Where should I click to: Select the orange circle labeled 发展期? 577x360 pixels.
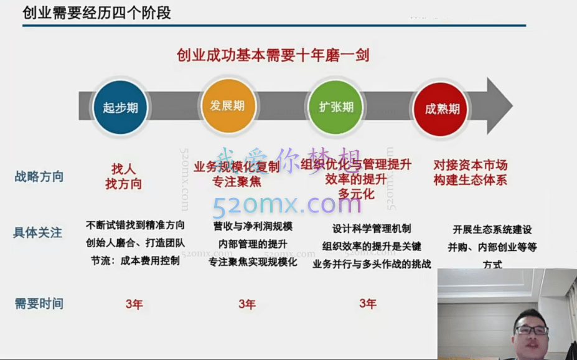point(227,106)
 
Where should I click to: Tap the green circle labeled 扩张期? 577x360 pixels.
point(336,107)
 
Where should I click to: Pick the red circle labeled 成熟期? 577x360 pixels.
point(442,108)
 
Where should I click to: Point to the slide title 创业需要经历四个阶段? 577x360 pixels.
point(96,12)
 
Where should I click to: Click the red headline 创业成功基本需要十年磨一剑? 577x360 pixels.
point(273,55)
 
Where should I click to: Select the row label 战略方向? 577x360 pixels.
point(39,176)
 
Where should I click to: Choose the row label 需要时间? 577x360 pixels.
point(39,304)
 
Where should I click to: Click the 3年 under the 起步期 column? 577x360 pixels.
point(134,304)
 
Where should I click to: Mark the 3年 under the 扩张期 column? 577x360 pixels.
point(367,303)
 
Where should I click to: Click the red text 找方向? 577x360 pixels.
point(123,184)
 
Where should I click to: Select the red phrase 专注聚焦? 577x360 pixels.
point(237,182)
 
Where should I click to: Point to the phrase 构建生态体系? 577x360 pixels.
point(471,180)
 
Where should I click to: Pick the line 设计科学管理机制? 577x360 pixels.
point(372,229)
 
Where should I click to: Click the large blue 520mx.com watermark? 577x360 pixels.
point(286,205)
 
